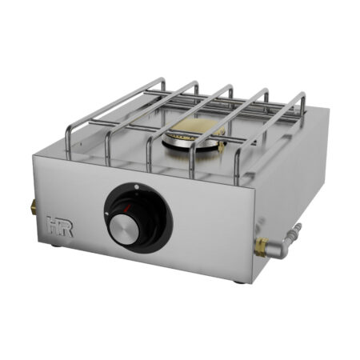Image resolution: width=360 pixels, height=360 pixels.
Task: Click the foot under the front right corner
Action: coord(239,281)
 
